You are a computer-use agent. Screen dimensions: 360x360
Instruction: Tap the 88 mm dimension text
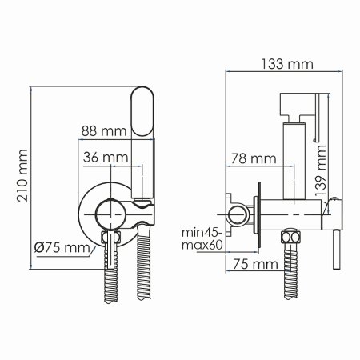(103, 129)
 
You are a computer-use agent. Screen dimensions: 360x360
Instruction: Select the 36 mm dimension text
(106, 157)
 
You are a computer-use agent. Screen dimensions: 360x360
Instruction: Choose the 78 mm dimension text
(247, 157)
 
